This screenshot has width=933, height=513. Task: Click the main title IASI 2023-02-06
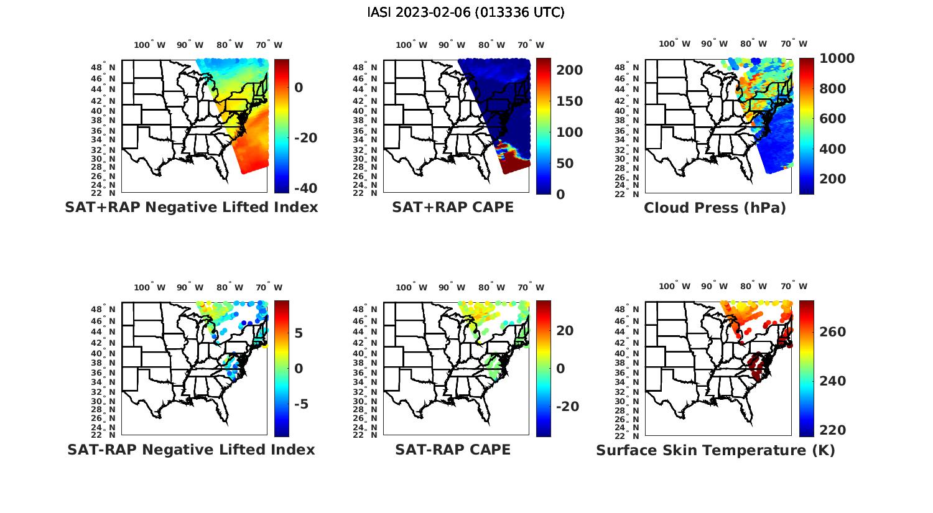point(466,12)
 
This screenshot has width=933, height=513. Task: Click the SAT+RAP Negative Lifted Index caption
point(192,207)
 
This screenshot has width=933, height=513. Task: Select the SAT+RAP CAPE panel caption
point(453,207)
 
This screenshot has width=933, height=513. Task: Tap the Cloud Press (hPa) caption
point(715,208)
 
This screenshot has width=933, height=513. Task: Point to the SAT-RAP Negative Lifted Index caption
point(192,450)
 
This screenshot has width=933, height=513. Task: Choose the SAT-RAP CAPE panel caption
point(453,450)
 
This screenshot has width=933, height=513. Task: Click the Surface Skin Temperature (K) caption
point(715,450)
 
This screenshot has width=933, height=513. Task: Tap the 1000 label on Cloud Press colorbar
point(837,58)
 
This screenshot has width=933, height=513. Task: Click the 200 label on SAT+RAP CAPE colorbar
point(570,70)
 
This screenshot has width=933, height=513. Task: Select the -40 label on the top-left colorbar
point(305,188)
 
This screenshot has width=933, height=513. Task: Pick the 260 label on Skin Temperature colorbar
point(833,332)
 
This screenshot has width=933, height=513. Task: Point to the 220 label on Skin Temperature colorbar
point(833,430)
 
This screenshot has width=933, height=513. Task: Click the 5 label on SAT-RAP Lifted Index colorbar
point(299,333)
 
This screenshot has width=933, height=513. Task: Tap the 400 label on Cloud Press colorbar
point(833,149)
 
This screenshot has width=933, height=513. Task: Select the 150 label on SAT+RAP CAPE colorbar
point(570,101)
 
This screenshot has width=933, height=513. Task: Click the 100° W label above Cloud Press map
point(674,44)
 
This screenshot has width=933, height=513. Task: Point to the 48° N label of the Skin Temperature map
point(626,310)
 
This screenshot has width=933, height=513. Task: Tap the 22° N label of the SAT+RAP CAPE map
point(365,193)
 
